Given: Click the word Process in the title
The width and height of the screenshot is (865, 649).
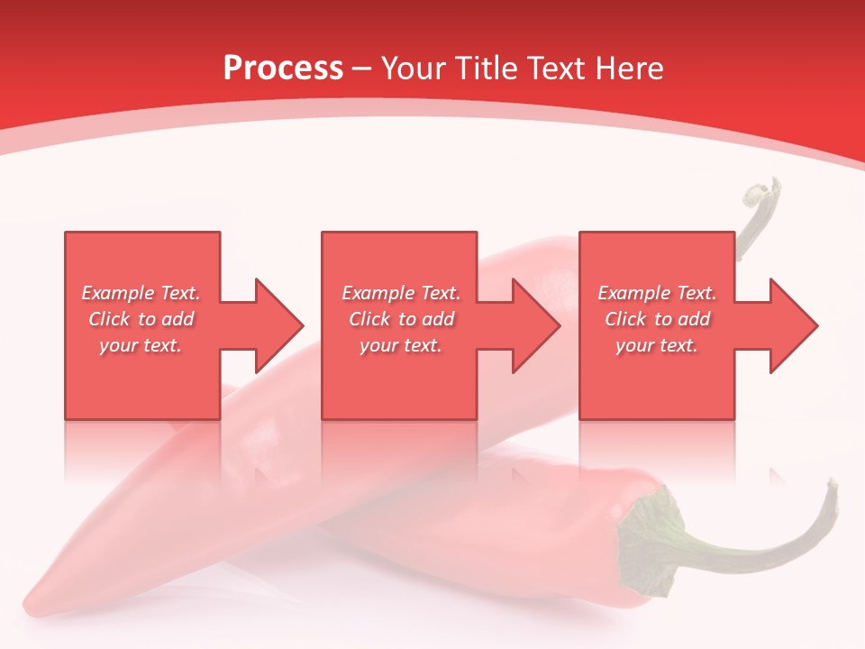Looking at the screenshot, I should (x=283, y=69).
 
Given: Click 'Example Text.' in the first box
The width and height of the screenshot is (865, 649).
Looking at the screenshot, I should (x=141, y=293).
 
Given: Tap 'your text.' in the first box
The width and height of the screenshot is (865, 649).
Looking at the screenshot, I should (x=141, y=345).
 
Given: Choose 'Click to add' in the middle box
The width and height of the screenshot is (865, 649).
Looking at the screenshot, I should (x=401, y=319).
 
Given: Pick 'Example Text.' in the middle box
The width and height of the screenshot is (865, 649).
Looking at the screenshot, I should (x=401, y=293).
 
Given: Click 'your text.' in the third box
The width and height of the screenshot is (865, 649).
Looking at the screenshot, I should (x=657, y=345).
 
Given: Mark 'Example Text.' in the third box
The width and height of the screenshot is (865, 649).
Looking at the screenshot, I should (x=657, y=293).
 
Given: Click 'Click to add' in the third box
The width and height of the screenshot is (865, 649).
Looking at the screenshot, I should (x=657, y=319).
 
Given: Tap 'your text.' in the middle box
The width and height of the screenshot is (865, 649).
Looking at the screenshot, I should (x=401, y=345).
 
